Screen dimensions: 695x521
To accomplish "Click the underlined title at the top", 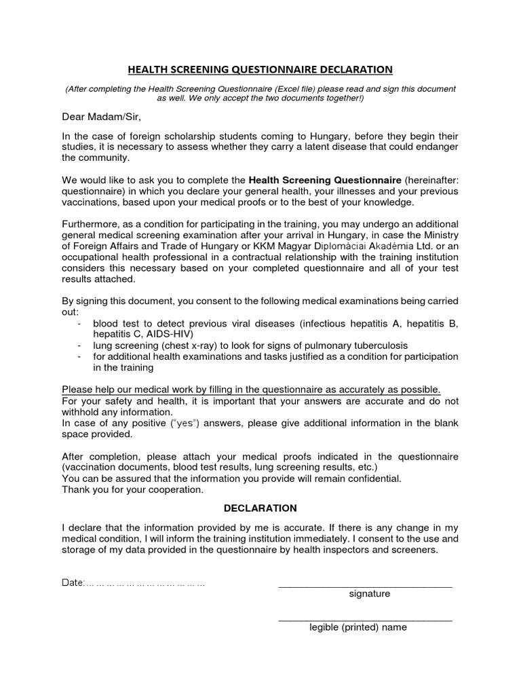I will [260, 69].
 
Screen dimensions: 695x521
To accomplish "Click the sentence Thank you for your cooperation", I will [132, 489].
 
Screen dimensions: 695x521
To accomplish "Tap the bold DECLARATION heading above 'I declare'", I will [260, 508].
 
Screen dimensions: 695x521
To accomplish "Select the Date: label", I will [73, 583].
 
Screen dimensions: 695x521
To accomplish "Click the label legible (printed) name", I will [358, 627].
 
